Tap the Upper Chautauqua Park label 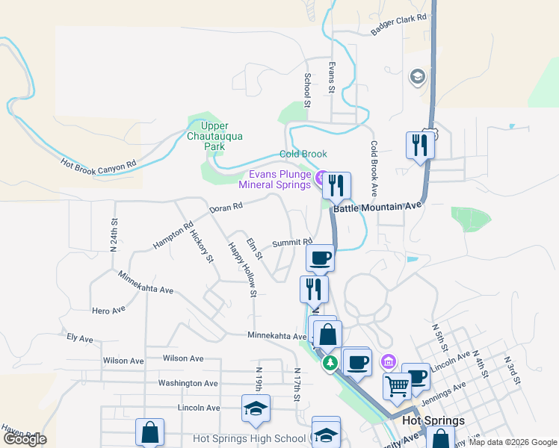point(214,137)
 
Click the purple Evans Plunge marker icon point(321,178)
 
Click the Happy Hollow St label point(242,268)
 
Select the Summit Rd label point(292,242)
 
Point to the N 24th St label point(114,234)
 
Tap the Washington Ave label point(188,383)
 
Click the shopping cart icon point(397,385)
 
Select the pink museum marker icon point(387,362)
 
